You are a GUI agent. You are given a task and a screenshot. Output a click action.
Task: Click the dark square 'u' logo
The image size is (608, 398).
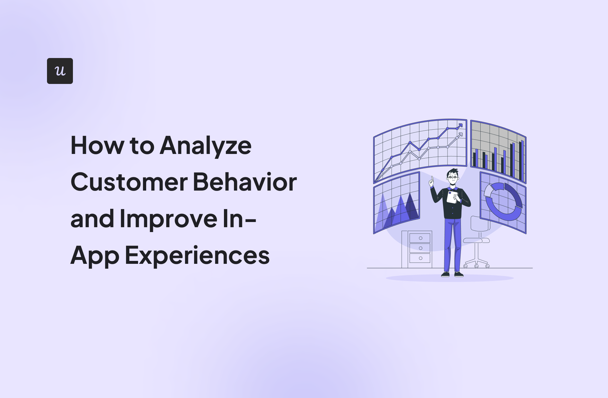(60, 71)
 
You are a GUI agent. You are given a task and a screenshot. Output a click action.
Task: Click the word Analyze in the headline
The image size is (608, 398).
(205, 146)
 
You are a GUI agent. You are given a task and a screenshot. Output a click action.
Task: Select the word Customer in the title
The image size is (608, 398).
(129, 182)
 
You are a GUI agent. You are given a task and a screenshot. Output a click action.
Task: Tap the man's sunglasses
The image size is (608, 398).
(452, 177)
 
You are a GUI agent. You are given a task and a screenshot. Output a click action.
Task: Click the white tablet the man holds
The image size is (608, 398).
(452, 197)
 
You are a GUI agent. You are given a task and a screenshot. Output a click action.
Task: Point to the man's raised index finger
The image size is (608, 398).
(432, 179)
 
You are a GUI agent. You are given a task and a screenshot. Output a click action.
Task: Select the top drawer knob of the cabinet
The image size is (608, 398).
(420, 238)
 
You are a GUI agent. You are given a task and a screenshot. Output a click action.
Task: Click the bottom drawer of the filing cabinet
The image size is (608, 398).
(420, 258)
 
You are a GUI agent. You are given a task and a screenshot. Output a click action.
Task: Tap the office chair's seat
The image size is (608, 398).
(476, 240)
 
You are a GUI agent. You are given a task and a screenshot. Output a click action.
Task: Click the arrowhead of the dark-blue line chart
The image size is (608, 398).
(460, 125)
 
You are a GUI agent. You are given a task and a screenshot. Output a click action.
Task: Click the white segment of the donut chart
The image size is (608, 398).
(488, 191)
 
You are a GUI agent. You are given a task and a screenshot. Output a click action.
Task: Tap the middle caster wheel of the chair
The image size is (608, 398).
(476, 266)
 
